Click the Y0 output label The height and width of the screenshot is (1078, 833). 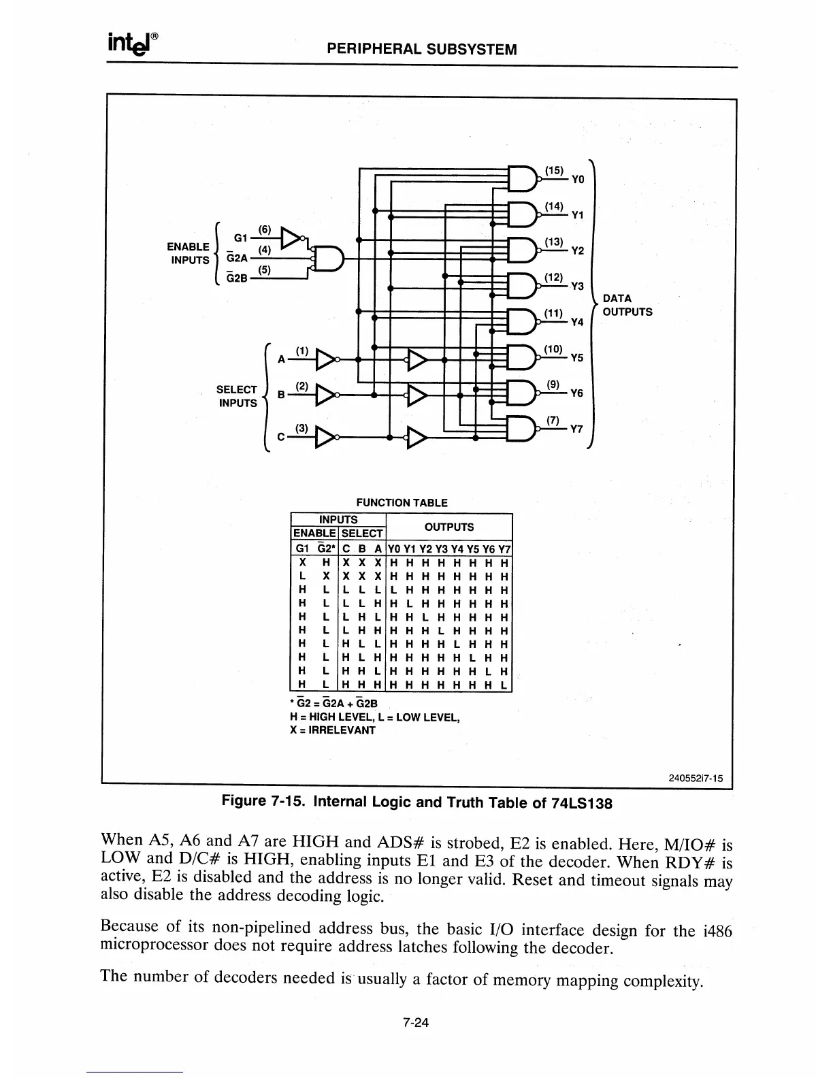[578, 180]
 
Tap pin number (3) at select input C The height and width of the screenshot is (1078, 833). [302, 428]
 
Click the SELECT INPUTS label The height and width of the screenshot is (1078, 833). [237, 396]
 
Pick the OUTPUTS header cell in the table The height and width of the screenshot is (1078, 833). [448, 527]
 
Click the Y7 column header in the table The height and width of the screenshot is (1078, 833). [504, 549]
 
